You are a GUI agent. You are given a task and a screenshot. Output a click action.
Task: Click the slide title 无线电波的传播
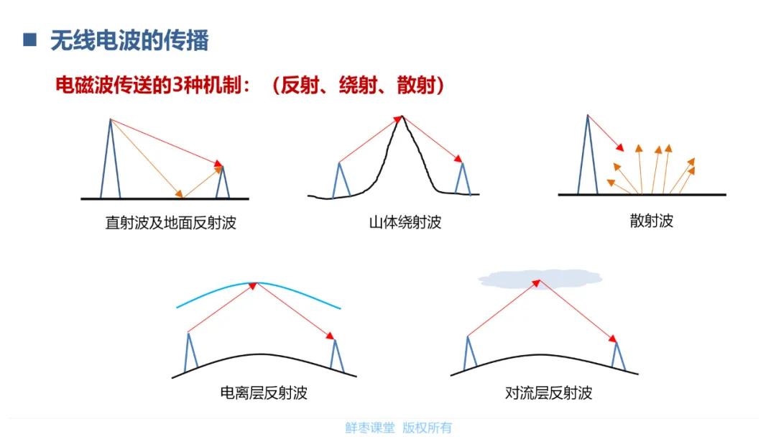(129, 40)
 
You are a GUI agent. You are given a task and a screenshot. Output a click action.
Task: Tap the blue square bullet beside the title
(29, 40)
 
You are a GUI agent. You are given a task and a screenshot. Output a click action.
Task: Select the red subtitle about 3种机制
(251, 86)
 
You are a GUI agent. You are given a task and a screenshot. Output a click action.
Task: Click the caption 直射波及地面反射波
(170, 223)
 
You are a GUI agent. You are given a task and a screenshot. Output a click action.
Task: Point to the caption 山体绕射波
(405, 222)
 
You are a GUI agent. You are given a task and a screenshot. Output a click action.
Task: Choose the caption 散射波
(651, 221)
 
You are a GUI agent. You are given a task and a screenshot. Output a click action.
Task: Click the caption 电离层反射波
(264, 393)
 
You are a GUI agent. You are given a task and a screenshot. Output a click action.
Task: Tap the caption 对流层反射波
(548, 393)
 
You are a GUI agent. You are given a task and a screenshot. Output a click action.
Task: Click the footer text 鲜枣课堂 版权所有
(398, 428)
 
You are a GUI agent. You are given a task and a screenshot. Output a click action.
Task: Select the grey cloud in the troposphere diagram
(540, 278)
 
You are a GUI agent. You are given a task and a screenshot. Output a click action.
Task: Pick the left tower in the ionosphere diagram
(190, 352)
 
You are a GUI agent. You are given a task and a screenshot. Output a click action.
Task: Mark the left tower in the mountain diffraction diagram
(341, 180)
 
